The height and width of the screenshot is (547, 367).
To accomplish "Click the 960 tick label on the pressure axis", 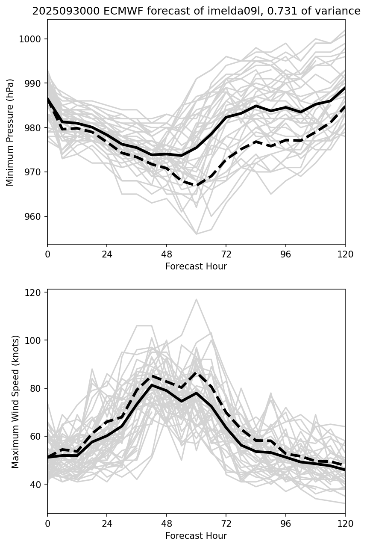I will click(x=35, y=216).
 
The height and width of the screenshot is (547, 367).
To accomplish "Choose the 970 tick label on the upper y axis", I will click(x=35, y=172).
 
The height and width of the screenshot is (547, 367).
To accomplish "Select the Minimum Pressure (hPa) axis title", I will click(x=10, y=132).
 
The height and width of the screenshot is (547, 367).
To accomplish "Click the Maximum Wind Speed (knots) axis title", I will click(x=15, y=401).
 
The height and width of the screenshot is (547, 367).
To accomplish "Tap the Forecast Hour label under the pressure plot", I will click(x=196, y=266).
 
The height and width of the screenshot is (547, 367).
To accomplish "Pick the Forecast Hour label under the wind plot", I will click(x=196, y=536).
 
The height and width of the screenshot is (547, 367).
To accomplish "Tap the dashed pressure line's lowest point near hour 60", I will click(x=196, y=185).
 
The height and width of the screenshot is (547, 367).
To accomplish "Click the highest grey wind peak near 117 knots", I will click(x=196, y=299).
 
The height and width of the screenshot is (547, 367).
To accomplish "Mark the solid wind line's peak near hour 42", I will click(x=151, y=385).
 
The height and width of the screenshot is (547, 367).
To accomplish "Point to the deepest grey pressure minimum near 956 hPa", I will click(x=196, y=234).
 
